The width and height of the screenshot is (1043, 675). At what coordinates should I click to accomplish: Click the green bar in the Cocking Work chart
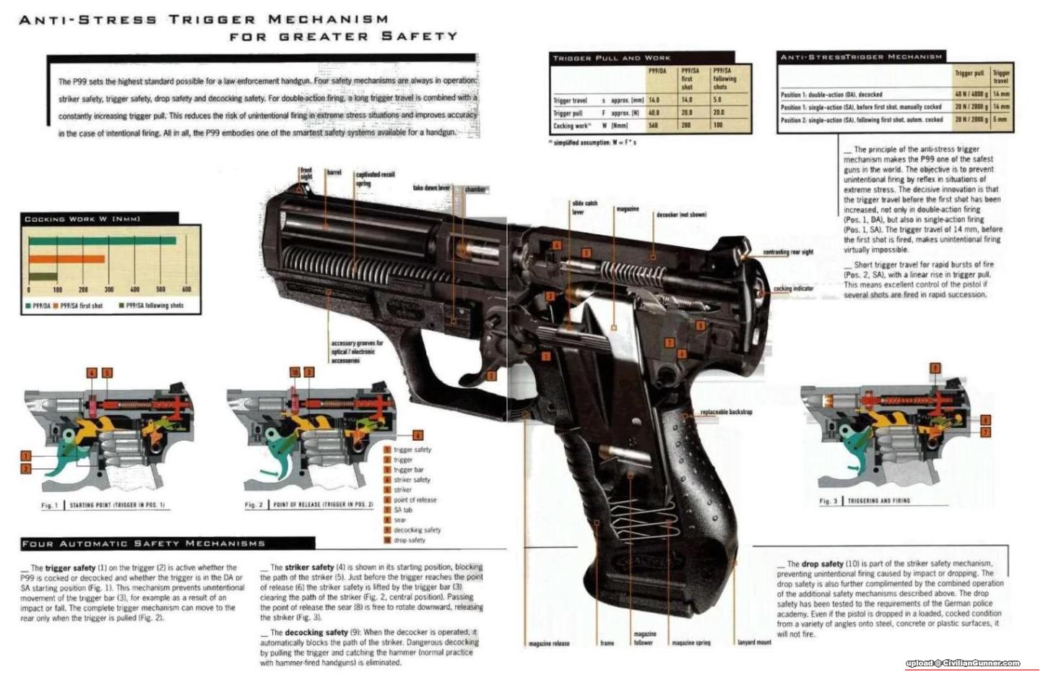pyautogui.click(x=101, y=241)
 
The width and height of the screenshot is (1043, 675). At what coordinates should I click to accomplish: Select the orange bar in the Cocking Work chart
pyautogui.click(x=66, y=259)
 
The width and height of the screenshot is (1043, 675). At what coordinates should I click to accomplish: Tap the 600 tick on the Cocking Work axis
pyautogui.click(x=186, y=289)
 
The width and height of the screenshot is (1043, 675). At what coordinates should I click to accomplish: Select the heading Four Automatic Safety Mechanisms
pyautogui.click(x=144, y=543)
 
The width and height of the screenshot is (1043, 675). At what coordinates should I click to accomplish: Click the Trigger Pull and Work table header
pyautogui.click(x=612, y=58)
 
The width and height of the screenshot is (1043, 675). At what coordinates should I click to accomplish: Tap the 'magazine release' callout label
pyautogui.click(x=549, y=642)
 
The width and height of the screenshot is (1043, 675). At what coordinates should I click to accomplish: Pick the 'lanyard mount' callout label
pyautogui.click(x=754, y=642)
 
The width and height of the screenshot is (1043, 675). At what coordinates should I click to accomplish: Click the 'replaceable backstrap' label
pyautogui.click(x=726, y=412)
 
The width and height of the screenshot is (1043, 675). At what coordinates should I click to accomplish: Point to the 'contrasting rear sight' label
pyautogui.click(x=788, y=252)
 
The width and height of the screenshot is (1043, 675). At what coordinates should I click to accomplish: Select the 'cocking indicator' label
pyautogui.click(x=793, y=288)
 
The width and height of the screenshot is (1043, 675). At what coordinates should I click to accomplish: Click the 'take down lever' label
pyautogui.click(x=431, y=188)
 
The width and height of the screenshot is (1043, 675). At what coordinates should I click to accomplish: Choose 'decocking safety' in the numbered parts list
pyautogui.click(x=417, y=530)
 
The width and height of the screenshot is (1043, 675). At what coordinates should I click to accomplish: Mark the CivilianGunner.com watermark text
pyautogui.click(x=963, y=663)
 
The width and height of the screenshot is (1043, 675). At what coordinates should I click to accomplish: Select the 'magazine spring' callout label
pyautogui.click(x=691, y=642)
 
